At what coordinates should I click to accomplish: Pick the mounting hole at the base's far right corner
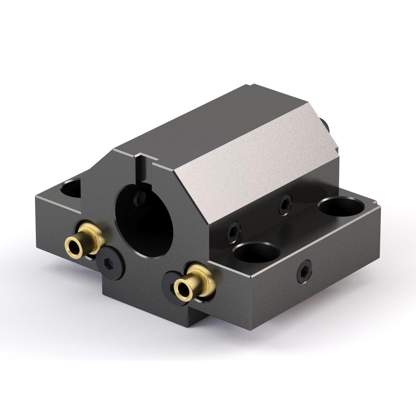(x=341, y=206)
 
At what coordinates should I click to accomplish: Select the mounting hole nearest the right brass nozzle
(x=256, y=252)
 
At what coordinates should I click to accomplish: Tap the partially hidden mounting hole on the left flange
(x=72, y=188)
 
